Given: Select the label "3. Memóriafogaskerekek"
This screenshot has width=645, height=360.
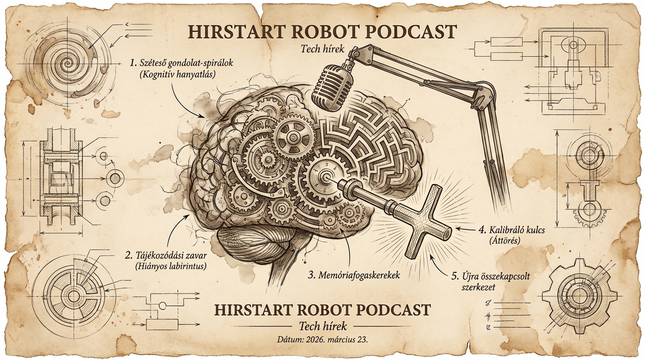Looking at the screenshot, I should pos(354,276).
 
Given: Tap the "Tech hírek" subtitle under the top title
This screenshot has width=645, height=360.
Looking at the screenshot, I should pos(322,49).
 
